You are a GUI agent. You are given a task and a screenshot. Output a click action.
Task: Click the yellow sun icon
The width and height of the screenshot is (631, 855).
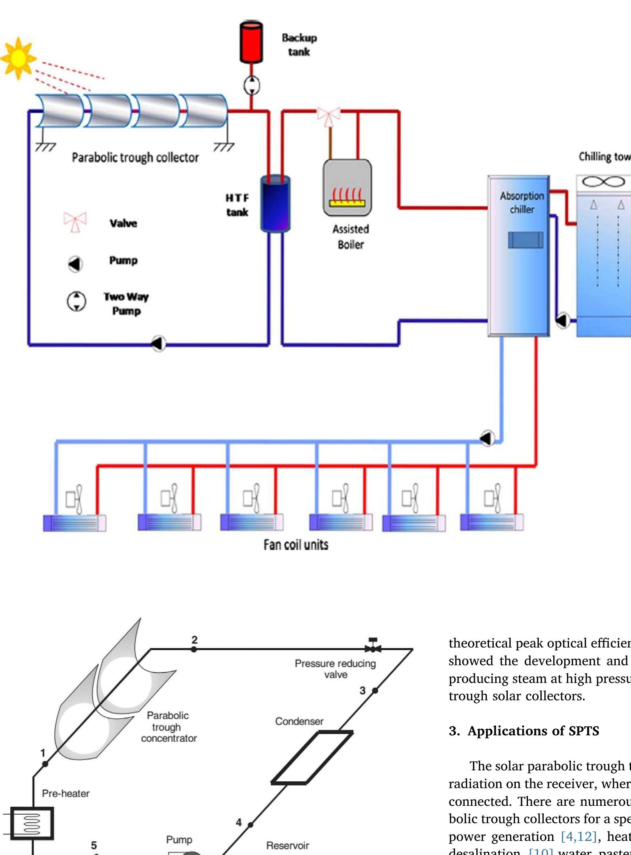(x=18, y=59)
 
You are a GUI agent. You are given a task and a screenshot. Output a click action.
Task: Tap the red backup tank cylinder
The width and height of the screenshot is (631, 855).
(x=251, y=42)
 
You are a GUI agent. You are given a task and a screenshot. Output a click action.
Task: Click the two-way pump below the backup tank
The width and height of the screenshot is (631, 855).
(x=252, y=85)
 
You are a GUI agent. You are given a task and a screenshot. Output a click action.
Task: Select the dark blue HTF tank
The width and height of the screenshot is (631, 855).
(x=275, y=203)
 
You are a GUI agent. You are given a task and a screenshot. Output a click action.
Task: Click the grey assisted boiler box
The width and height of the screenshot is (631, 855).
(x=347, y=188)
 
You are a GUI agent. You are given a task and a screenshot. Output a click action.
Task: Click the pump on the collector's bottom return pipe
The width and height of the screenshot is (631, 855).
(x=159, y=344)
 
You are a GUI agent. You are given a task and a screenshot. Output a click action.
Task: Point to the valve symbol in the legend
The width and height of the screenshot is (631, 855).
(x=75, y=222)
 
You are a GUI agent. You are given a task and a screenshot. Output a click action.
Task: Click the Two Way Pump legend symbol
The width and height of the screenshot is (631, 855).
(x=76, y=301)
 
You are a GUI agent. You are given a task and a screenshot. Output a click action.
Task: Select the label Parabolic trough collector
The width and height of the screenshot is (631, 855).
(x=135, y=157)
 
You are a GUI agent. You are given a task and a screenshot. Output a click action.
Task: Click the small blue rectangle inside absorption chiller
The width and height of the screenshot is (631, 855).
(x=525, y=240)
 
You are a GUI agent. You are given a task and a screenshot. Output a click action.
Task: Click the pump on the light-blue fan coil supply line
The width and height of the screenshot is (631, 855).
(x=488, y=438)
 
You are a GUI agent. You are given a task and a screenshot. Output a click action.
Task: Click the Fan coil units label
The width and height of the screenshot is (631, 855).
(x=296, y=545)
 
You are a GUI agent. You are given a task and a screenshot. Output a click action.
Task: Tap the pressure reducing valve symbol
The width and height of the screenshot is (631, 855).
(x=373, y=648)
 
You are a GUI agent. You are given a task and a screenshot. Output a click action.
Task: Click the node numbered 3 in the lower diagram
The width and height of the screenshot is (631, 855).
(x=375, y=690)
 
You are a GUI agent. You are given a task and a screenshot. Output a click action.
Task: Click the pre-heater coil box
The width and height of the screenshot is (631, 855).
(x=32, y=823)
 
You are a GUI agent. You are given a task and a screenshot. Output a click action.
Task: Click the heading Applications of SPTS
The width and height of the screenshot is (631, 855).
(x=524, y=730)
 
